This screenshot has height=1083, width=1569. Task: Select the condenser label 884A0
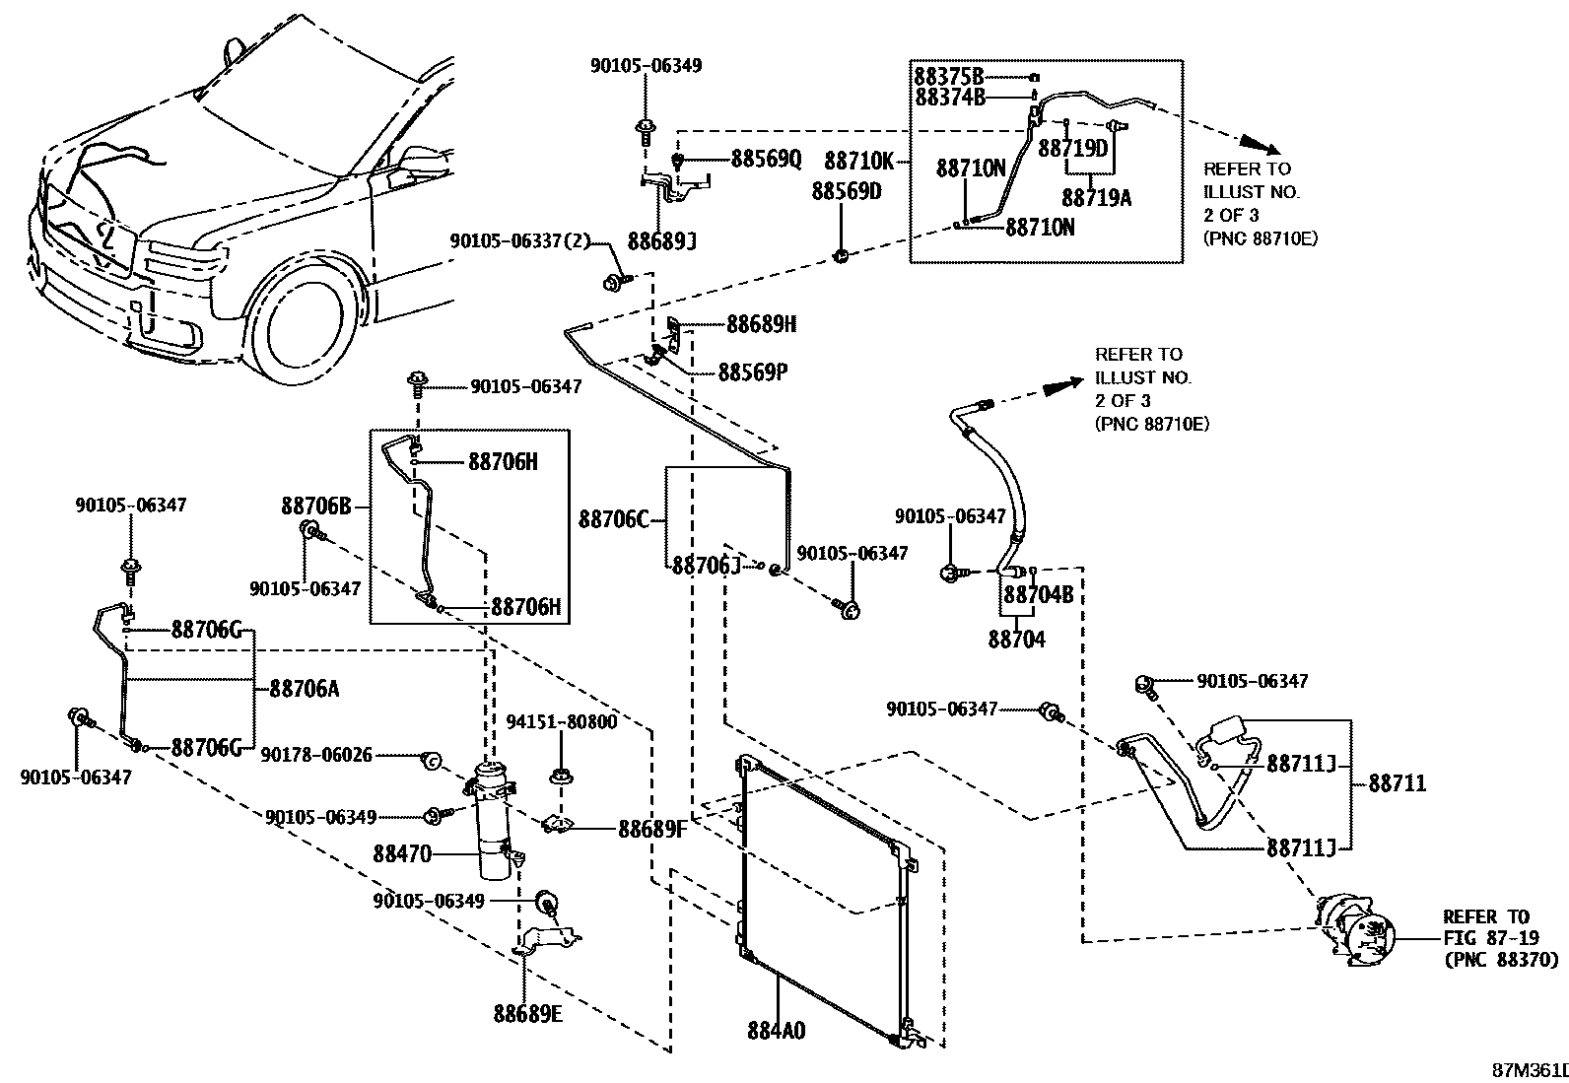click(776, 1031)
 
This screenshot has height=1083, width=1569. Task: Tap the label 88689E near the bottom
click(527, 1013)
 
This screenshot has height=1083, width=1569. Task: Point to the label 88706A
click(304, 688)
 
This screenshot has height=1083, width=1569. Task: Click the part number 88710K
click(858, 160)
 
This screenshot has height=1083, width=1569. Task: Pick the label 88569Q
click(766, 160)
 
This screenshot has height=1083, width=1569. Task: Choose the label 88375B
click(949, 76)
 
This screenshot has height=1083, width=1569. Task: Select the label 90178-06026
click(316, 755)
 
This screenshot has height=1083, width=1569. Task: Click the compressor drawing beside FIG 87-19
click(1358, 931)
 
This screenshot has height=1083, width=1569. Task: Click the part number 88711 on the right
click(1397, 783)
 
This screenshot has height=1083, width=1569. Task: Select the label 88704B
click(1038, 595)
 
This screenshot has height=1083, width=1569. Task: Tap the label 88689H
click(762, 323)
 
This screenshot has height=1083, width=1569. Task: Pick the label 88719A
click(1097, 198)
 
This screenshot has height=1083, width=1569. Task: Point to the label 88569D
click(847, 191)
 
